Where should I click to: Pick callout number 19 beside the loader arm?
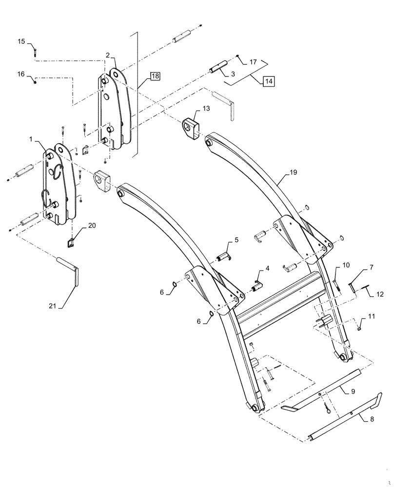click(293, 172)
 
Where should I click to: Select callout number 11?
click(372, 317)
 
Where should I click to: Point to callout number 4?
click(267, 268)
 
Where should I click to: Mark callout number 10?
click(346, 265)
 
